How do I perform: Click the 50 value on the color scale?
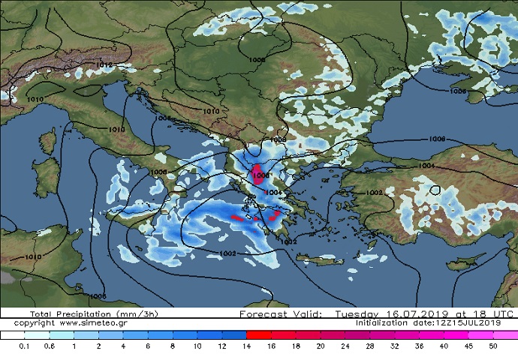(x=492, y=346)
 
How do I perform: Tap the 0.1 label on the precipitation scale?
(x=25, y=346)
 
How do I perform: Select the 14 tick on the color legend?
(x=245, y=346)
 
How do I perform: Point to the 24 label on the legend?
(x=345, y=346)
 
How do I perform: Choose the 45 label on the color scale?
(x=468, y=346)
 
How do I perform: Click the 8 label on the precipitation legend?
(x=172, y=346)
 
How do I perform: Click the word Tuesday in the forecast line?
(x=360, y=313)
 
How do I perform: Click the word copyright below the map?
(x=34, y=322)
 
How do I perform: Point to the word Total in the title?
(x=42, y=313)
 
